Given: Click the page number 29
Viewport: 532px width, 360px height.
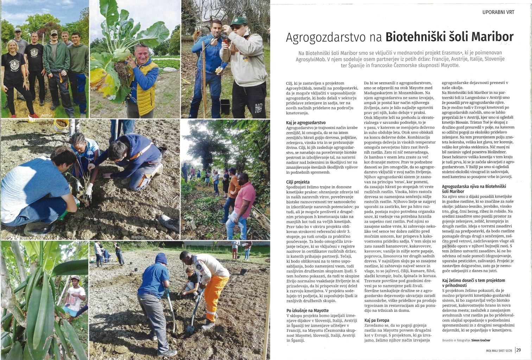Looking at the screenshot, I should (x=519, y=350).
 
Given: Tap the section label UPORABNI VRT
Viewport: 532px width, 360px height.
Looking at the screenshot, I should (x=498, y=12).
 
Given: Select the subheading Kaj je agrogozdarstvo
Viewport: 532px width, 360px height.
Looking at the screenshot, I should (x=306, y=123).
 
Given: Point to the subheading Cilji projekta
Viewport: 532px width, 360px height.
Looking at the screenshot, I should (x=298, y=182).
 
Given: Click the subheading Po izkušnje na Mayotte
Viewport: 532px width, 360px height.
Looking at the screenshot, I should (x=307, y=310).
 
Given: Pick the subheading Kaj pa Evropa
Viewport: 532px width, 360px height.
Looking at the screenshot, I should (x=376, y=320).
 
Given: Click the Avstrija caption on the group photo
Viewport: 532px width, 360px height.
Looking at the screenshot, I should (x=46, y=114).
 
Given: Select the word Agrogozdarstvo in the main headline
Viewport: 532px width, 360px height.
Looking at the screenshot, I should (x=334, y=37).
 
